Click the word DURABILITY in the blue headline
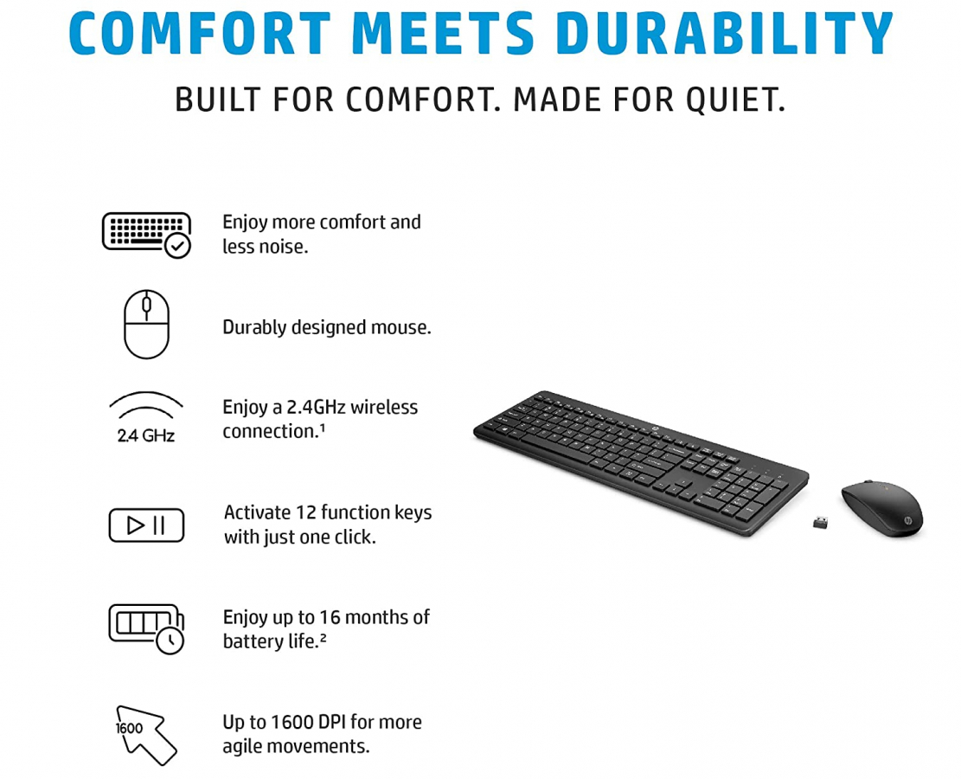coord(724,33)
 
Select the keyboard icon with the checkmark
coord(146,235)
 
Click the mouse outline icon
coord(146,324)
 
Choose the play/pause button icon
coord(146,525)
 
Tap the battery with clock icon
coord(146,628)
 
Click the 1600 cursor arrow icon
coord(146,735)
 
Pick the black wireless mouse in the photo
coord(882,508)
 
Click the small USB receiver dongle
coord(820,522)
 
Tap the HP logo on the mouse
coord(907,521)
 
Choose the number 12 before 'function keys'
coord(306,512)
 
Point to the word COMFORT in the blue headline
coord(200,33)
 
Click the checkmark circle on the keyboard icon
coord(177,246)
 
